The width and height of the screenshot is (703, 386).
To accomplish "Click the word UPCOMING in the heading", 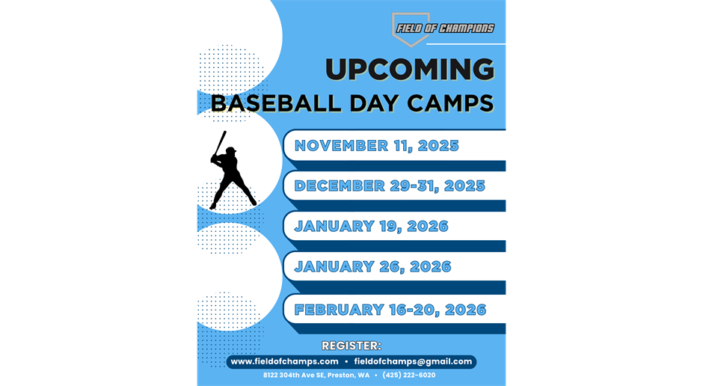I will [x=409, y=70].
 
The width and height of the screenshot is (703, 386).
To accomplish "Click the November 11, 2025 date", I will [x=376, y=146].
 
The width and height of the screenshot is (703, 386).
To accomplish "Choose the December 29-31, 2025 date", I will [x=390, y=186].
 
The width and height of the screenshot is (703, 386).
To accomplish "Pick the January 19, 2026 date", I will [x=371, y=227].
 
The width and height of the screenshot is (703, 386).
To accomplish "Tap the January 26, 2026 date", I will [x=372, y=267].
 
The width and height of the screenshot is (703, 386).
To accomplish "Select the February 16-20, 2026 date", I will [x=390, y=310].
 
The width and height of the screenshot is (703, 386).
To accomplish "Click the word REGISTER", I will [x=351, y=346].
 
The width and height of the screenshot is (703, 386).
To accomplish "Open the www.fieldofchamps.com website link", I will [x=284, y=361].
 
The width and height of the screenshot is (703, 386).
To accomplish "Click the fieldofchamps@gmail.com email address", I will [x=413, y=361].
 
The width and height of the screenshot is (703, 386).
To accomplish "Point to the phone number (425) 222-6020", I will [x=408, y=375].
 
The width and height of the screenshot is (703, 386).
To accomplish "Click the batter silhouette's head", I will [x=230, y=152].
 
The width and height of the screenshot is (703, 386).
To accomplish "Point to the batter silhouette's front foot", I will [x=213, y=205].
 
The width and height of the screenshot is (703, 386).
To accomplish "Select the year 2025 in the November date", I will [x=438, y=146].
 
